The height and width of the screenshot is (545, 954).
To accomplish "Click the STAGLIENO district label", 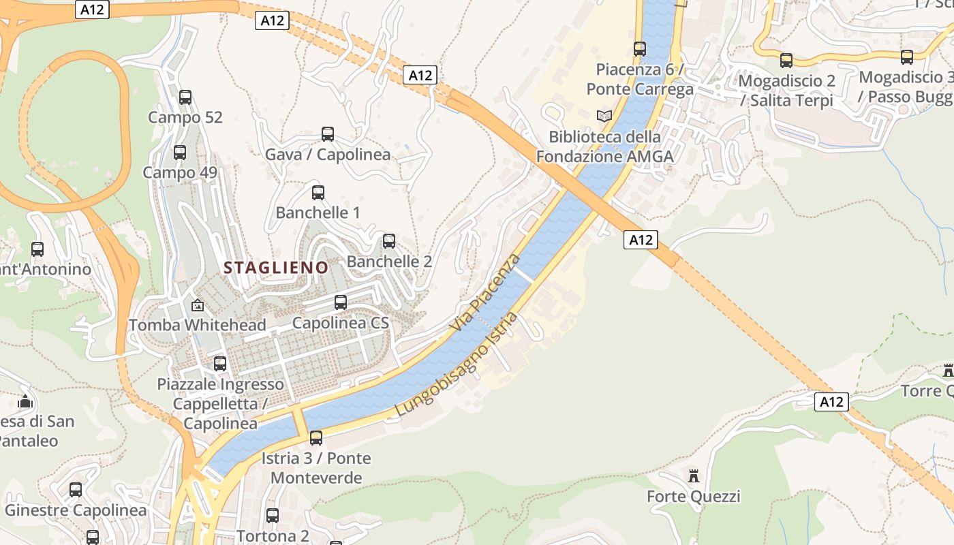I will click(x=276, y=268).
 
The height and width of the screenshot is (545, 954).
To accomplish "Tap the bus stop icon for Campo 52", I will click(x=185, y=97).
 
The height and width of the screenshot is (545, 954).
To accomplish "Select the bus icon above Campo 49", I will click(x=180, y=153).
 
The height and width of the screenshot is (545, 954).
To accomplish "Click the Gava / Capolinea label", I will click(x=328, y=155).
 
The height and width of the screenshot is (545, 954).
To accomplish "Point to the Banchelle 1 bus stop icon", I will click(x=318, y=193).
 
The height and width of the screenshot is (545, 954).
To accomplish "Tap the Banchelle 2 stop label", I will click(x=389, y=262).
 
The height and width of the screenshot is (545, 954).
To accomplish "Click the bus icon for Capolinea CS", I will click(x=341, y=302).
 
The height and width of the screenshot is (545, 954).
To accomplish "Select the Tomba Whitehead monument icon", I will click(x=198, y=305).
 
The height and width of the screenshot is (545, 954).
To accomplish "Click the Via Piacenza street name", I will click(x=485, y=293).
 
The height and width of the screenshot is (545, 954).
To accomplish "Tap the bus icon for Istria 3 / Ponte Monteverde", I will click(x=316, y=438).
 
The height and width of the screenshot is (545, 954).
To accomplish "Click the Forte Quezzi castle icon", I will click(x=694, y=476).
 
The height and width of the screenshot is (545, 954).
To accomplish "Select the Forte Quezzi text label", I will click(x=693, y=497).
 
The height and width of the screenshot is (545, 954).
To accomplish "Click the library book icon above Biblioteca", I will click(x=604, y=116).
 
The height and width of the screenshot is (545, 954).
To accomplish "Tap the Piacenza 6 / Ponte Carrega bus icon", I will click(x=640, y=49).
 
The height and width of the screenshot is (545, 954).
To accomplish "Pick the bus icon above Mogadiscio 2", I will click(x=786, y=61).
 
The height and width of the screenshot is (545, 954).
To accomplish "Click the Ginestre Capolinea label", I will click(x=76, y=510).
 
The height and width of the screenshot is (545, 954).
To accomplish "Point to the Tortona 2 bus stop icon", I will click(x=273, y=516).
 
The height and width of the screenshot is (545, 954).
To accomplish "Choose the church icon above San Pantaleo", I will click(x=26, y=401).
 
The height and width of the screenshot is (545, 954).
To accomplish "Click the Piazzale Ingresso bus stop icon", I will click(x=220, y=364).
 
